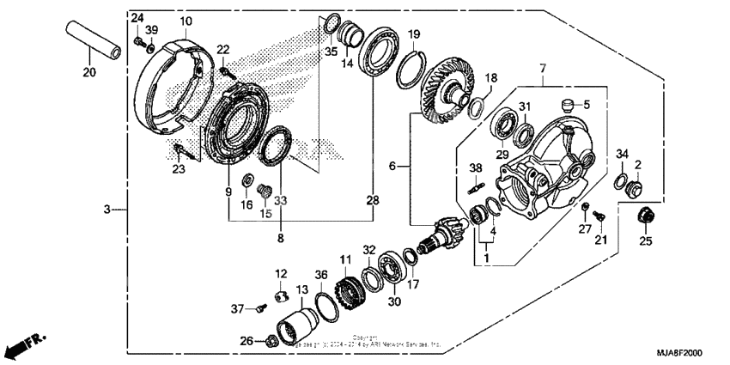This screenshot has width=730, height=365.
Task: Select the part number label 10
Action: point(186,20)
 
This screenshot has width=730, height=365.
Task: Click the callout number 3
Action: point(106,209)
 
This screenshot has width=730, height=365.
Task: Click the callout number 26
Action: point(246,341)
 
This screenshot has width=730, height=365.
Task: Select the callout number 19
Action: point(414,34)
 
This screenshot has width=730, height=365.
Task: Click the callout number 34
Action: point(623,155)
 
